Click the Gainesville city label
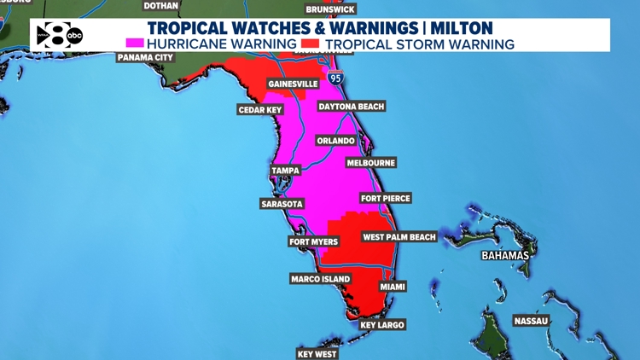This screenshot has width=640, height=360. [x=293, y=84]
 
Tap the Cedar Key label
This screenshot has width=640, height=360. [x=259, y=110]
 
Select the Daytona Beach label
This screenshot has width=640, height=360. [x=351, y=107]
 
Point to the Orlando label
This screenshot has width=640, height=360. [x=335, y=141]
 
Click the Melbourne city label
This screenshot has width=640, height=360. [x=370, y=163]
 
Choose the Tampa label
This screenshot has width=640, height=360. [x=285, y=171]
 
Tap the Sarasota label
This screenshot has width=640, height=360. [x=282, y=204]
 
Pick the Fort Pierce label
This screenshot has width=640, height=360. [x=386, y=199]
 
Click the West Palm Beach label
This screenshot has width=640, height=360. [x=399, y=237]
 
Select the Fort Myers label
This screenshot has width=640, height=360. [x=313, y=242]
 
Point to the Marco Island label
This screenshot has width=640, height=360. [x=321, y=279]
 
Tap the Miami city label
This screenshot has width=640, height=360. [x=393, y=287]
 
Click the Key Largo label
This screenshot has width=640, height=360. [x=381, y=325]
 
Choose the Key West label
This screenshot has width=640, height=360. [x=317, y=354]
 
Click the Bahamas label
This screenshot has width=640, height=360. [x=504, y=256]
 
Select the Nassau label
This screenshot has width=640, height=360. [x=530, y=321]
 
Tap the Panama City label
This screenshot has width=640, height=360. [x=145, y=57]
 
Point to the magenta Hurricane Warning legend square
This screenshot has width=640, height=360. [x=135, y=44]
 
